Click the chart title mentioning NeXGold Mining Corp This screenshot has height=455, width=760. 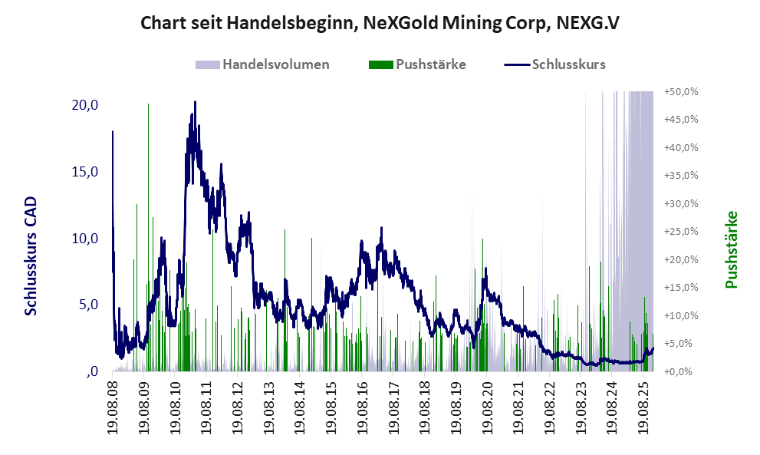tap(380, 24)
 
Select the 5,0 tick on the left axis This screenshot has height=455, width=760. tap(87, 305)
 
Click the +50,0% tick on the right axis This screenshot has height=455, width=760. tap(681, 91)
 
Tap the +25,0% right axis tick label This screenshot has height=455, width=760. tap(681, 231)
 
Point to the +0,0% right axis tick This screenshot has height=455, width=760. tap(681, 371)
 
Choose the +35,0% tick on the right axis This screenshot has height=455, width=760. tap(681, 175)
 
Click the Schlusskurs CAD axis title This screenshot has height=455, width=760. tap(31, 256)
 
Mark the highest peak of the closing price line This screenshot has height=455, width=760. tap(195, 102)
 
